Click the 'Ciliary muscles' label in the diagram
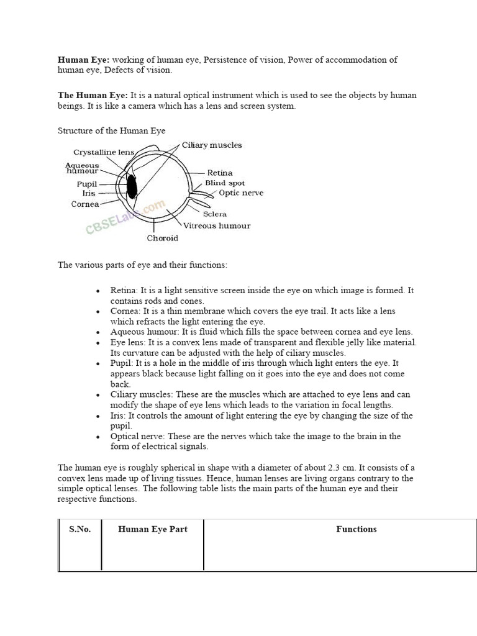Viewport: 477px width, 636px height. tap(212, 145)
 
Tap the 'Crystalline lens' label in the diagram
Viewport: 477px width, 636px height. tap(104, 152)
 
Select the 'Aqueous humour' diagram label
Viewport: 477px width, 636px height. tap(82, 168)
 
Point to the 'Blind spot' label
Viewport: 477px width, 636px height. tap(225, 183)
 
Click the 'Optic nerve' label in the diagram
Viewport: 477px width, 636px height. tap(241, 193)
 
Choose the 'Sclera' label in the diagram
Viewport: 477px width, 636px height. tap(215, 214)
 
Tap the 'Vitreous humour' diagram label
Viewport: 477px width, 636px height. tap(216, 226)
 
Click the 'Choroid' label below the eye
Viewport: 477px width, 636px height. tap(162, 238)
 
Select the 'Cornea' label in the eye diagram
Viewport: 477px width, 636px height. tap(85, 204)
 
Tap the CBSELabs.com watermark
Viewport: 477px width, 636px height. tap(125, 217)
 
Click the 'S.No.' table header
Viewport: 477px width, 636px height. tap(79, 529)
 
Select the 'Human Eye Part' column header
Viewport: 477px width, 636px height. tap(153, 529)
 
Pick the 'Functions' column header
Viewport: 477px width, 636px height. tap(357, 529)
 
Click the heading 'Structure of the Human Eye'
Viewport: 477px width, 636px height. tap(112, 130)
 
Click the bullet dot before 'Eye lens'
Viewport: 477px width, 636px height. tap(98, 343)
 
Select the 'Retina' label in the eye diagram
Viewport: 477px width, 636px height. tap(220, 173)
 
